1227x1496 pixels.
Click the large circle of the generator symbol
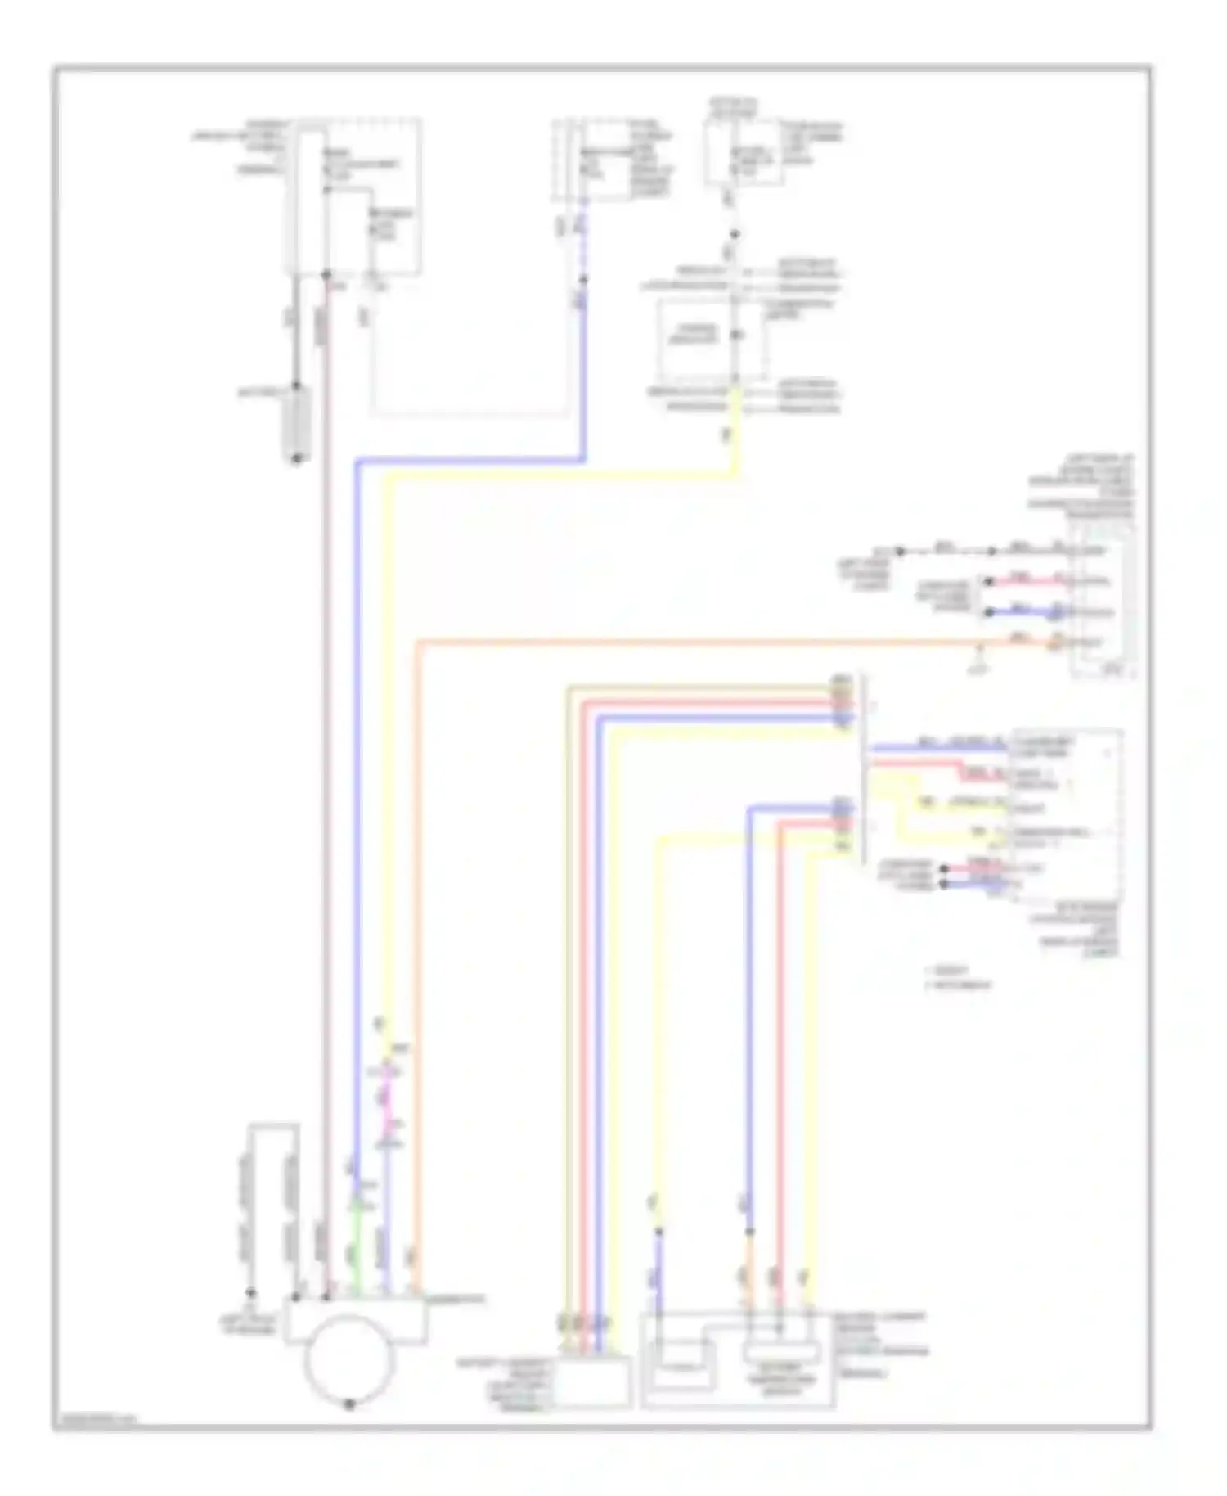click(349, 1356)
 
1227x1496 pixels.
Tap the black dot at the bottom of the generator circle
click(349, 1403)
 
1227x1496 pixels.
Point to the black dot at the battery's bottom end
click(296, 458)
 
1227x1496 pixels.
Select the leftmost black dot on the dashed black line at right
click(900, 551)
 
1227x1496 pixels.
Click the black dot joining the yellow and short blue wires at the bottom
click(658, 1230)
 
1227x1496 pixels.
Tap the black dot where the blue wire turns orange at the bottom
click(748, 1230)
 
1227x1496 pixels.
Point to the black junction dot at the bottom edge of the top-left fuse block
click(326, 273)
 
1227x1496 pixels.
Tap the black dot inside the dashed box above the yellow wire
click(735, 335)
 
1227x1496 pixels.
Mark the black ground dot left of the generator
click(251, 1293)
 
